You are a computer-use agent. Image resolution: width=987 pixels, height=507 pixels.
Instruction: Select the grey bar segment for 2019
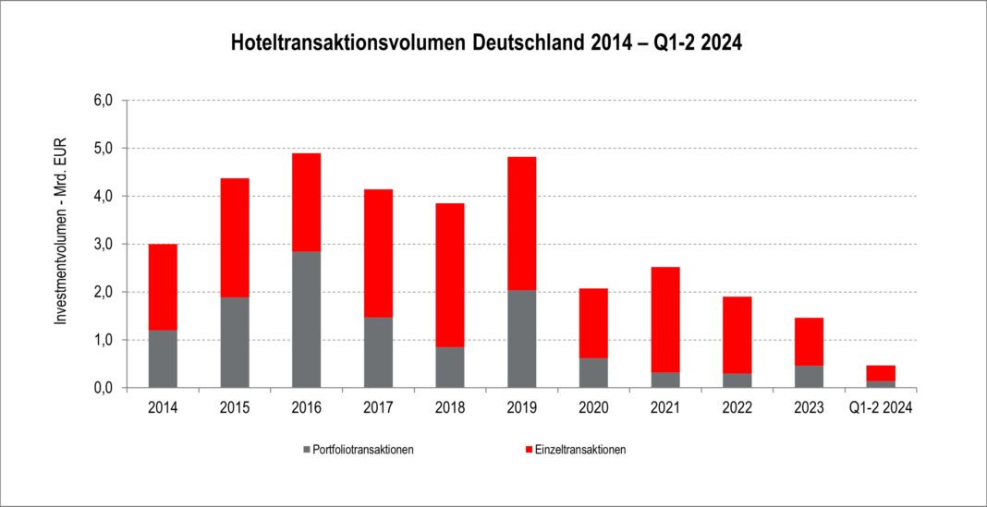tap(522, 339)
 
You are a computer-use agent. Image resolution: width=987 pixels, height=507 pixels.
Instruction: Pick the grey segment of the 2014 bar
tap(163, 358)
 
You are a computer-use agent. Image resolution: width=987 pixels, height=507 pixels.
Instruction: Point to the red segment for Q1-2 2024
tap(881, 373)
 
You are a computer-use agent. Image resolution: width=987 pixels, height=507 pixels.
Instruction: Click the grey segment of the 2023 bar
tap(810, 376)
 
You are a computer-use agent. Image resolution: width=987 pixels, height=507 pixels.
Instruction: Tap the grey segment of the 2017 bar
tap(378, 352)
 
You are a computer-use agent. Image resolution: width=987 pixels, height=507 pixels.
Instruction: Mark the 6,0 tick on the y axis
tap(104, 100)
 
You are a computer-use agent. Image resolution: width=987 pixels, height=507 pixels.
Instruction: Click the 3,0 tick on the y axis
tap(104, 244)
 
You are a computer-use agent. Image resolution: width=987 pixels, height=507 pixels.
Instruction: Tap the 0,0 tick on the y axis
tap(104, 388)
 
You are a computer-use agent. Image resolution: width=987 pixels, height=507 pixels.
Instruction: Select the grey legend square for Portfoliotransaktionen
tap(306, 450)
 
